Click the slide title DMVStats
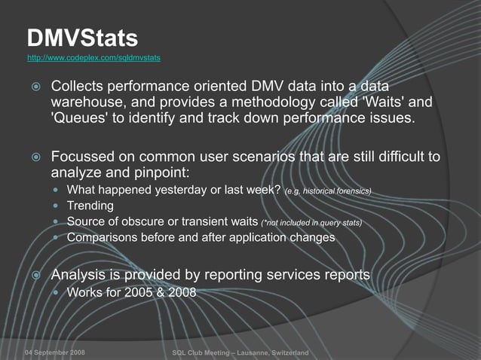point(82,38)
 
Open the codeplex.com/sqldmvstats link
point(93,57)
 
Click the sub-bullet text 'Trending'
point(90,206)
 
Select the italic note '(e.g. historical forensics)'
point(329,191)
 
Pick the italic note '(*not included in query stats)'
point(311,223)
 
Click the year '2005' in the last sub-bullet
point(139,292)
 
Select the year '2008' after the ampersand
point(182,292)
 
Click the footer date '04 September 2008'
point(54,353)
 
